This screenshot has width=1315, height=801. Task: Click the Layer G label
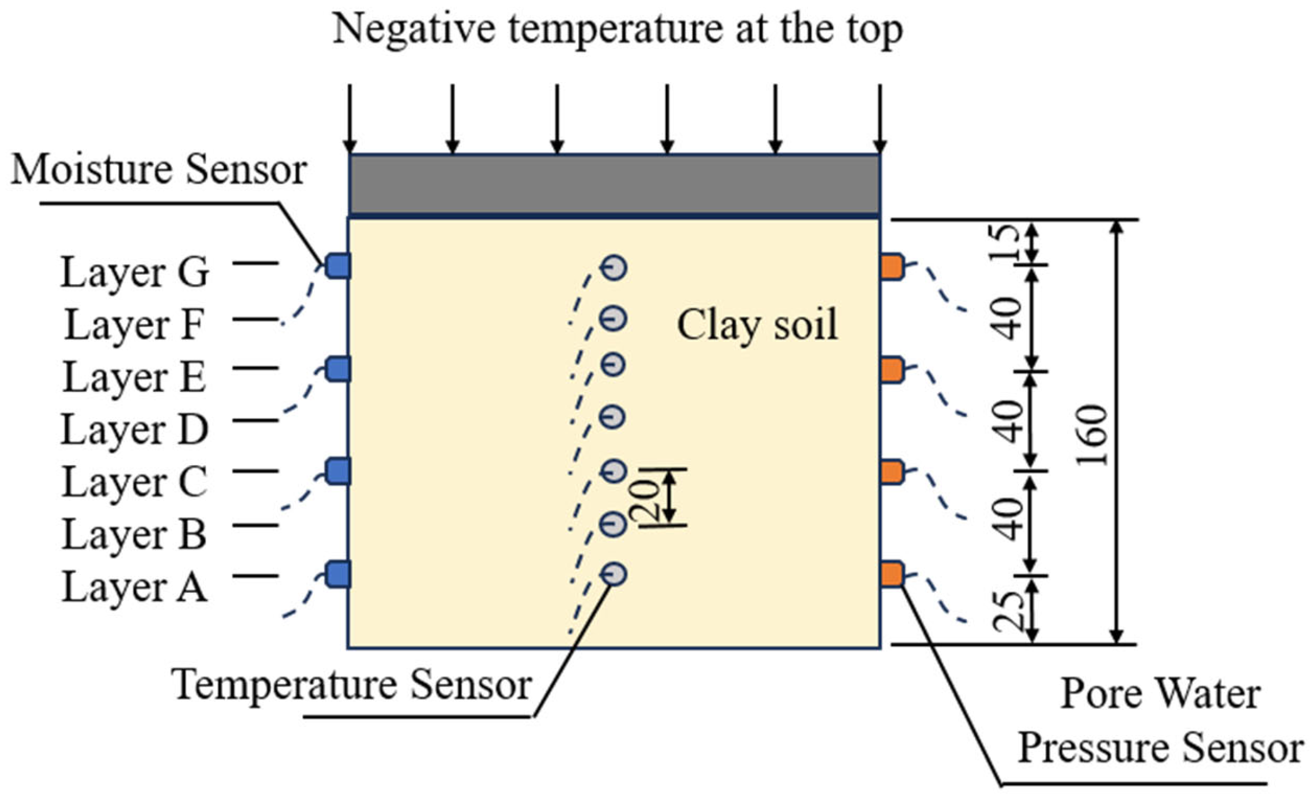[134, 273]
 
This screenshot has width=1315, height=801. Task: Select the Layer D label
[134, 430]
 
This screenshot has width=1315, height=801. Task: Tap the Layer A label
[134, 587]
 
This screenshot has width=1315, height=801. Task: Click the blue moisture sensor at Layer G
[338, 266]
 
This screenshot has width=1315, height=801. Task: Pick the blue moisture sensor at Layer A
[338, 574]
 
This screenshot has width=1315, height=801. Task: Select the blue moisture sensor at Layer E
[338, 369]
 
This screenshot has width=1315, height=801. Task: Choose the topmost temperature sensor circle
[614, 268]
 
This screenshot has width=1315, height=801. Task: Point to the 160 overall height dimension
[1092, 435]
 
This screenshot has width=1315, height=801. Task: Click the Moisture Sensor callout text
[159, 169]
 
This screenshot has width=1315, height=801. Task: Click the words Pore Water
[1161, 694]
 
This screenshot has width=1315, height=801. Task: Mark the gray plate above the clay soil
[614, 184]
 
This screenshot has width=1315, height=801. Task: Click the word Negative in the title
[414, 29]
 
